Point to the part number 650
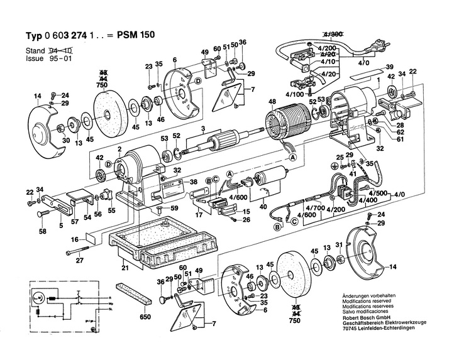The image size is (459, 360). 145,316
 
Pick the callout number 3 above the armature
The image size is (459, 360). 203,129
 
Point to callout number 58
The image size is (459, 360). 42,232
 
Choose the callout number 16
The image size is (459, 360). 74,239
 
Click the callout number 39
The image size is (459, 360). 390,67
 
